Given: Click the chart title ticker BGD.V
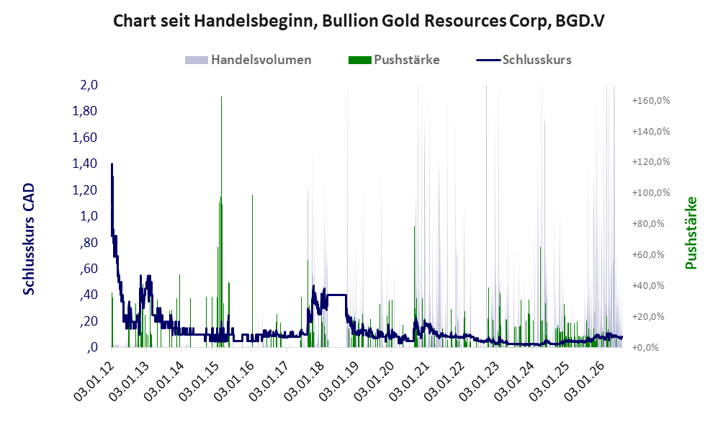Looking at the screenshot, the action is (580, 21).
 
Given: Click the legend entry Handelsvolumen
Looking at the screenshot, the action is (261, 60).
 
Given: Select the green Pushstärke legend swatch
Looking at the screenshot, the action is (359, 60).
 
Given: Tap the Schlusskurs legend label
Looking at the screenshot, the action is (537, 60).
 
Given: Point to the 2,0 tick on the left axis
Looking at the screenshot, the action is (89, 85).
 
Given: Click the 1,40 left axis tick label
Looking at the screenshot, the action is (85, 164).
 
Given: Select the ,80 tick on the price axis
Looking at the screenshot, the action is (89, 242).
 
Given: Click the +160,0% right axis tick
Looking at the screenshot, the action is (651, 100).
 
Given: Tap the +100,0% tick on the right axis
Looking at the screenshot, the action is (651, 193).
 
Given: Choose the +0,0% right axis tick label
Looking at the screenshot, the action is (645, 348).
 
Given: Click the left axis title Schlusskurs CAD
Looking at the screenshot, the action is (29, 239).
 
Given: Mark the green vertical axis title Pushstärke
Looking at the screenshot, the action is (691, 233).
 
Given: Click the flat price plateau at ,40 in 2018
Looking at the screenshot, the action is (336, 295).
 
